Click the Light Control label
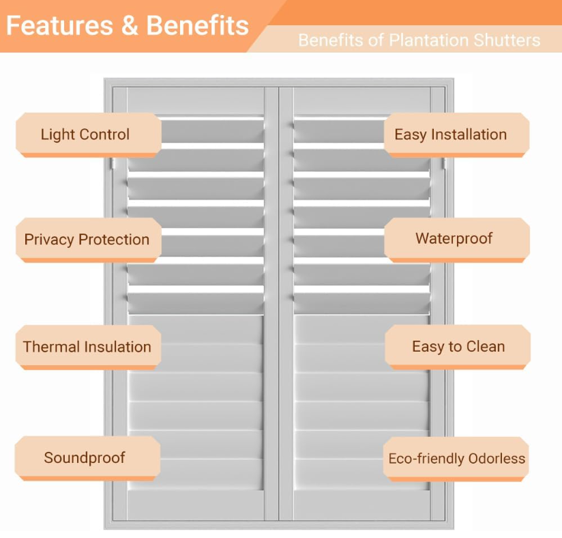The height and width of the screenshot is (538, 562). coord(85,134)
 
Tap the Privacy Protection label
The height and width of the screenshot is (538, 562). coord(87,240)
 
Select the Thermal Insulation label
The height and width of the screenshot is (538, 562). coord(87,347)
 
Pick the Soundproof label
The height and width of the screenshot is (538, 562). coord(85,457)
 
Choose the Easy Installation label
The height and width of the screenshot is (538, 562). coord(451,134)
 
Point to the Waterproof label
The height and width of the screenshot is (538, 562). coord(454,239)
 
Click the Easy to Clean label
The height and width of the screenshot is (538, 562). coord(458,347)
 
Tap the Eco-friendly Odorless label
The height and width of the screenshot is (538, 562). coord(457,458)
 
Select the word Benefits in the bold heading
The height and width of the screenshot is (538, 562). coord(198,26)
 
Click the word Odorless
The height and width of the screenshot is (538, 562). coord(497,458)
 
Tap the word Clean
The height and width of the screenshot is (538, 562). coord(486,347)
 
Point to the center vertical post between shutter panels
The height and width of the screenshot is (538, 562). coord(279,307)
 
